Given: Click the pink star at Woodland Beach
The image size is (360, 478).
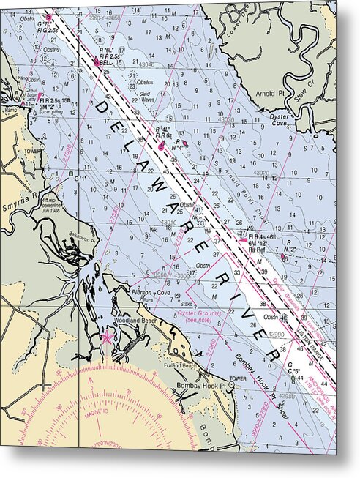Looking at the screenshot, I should (108, 337).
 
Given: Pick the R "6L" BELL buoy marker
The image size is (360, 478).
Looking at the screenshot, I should (97, 63).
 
